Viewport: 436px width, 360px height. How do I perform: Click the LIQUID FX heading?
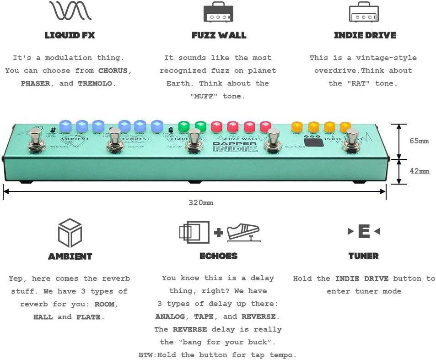[x=70, y=35]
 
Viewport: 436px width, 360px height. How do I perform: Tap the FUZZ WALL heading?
[x=219, y=35]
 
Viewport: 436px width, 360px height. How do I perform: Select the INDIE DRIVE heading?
[x=365, y=35]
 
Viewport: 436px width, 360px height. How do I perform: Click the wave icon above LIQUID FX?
[x=70, y=11]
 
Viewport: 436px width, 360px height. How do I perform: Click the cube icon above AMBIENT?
[x=70, y=233]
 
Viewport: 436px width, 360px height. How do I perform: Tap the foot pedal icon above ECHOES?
[x=243, y=232]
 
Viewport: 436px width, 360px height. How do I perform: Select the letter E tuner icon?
[x=364, y=231]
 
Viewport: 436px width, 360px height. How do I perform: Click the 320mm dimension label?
[x=201, y=202]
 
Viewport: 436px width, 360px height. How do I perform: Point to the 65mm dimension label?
[x=419, y=141]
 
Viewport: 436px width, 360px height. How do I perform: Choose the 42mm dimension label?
[x=419, y=171]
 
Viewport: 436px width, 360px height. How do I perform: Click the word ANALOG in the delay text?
[x=170, y=316]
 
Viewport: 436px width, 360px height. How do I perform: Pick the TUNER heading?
[x=363, y=256]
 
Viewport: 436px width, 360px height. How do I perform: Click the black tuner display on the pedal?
[x=313, y=142]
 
